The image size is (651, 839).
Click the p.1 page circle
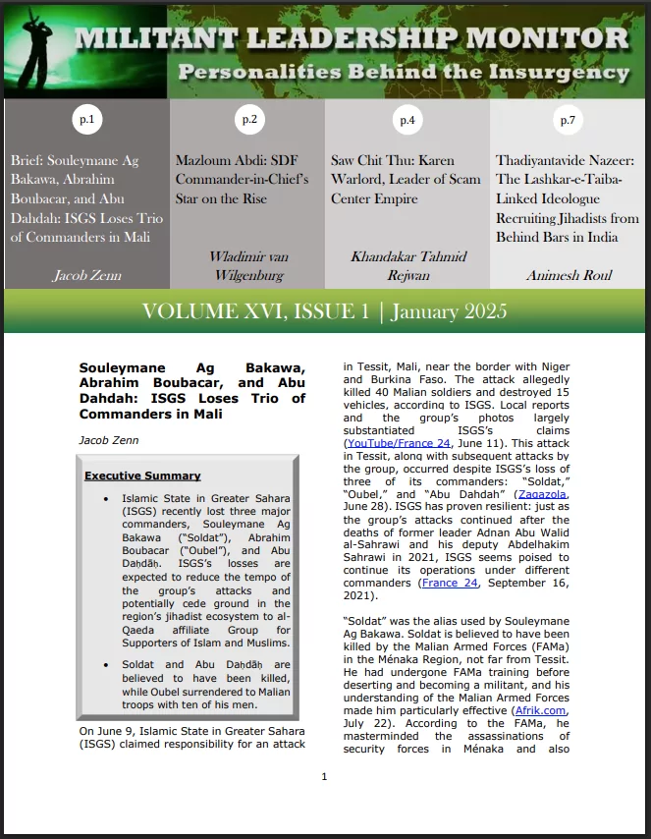(x=86, y=120)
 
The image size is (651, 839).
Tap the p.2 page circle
(x=248, y=120)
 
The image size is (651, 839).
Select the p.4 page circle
(x=407, y=120)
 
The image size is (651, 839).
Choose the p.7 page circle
(x=568, y=120)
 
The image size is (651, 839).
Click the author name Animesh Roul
(x=569, y=276)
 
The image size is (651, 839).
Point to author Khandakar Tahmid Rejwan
(x=407, y=265)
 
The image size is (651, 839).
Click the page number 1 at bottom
(x=324, y=777)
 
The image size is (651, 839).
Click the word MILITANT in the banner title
(x=147, y=39)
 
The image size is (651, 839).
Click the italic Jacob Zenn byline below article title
(x=109, y=440)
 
